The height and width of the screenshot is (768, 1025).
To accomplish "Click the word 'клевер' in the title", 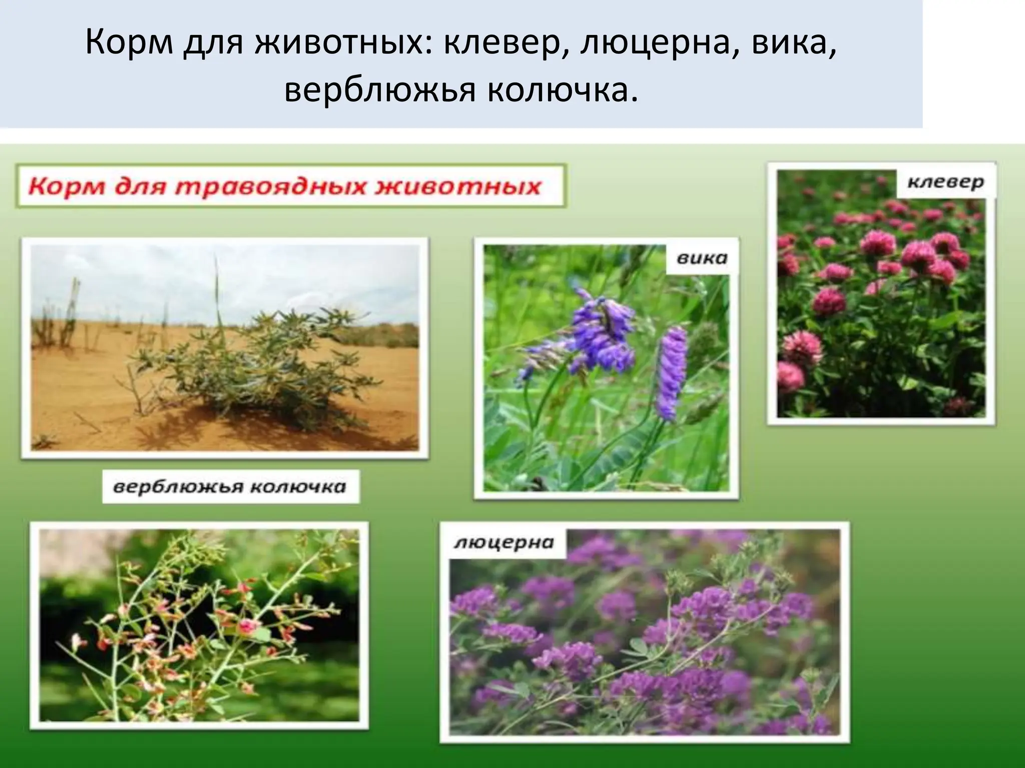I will (x=505, y=44).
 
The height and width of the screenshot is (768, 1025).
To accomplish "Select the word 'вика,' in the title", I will (x=794, y=44).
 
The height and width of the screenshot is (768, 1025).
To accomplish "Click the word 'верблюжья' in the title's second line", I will (x=379, y=91).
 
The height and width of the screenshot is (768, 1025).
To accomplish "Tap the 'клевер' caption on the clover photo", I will (x=945, y=182).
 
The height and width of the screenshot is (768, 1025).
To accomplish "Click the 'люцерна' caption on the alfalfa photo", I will (x=504, y=542).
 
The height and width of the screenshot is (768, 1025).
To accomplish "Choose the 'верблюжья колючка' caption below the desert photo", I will (x=230, y=486).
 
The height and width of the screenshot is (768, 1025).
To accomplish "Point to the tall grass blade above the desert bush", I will (x=217, y=290).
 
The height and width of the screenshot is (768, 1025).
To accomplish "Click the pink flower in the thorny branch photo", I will (x=247, y=625).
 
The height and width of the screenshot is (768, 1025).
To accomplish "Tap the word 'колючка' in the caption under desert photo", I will (x=297, y=486).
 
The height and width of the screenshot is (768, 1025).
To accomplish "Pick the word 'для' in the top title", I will (x=213, y=44).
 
